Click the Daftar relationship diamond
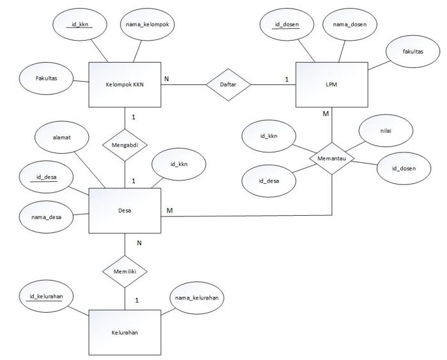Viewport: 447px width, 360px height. point(227,84)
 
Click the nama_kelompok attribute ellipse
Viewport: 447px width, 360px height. point(148,25)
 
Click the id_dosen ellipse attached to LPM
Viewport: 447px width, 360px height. point(287,25)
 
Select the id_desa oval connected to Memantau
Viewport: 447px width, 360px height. point(268,181)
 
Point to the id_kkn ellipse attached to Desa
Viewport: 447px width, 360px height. point(178,165)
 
